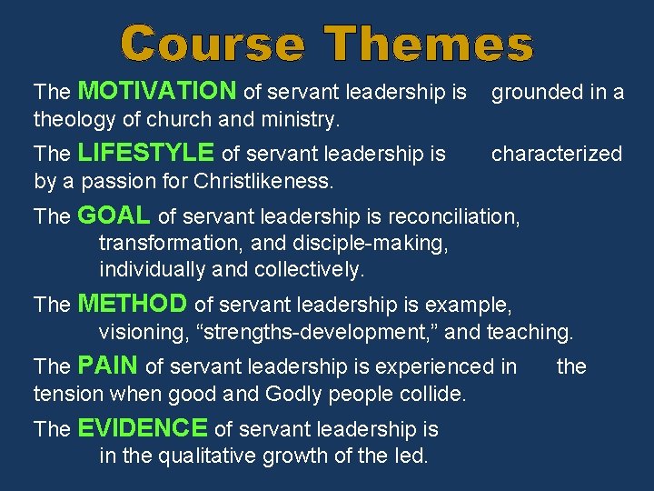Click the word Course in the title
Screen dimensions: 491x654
pyautogui.click(x=214, y=45)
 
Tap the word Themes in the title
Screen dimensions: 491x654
pyautogui.click(x=430, y=45)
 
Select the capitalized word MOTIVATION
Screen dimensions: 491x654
pyautogui.click(x=158, y=91)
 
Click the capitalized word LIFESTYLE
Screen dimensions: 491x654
pyautogui.click(x=147, y=153)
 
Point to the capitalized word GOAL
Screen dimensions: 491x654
pyautogui.click(x=114, y=215)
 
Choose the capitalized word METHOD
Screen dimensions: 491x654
pyautogui.click(x=133, y=304)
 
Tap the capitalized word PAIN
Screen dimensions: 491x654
pyautogui.click(x=108, y=366)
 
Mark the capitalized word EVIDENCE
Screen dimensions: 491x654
pyautogui.click(x=143, y=428)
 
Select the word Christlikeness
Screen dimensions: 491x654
pyautogui.click(x=263, y=181)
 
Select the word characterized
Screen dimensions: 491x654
pyautogui.click(x=557, y=154)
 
